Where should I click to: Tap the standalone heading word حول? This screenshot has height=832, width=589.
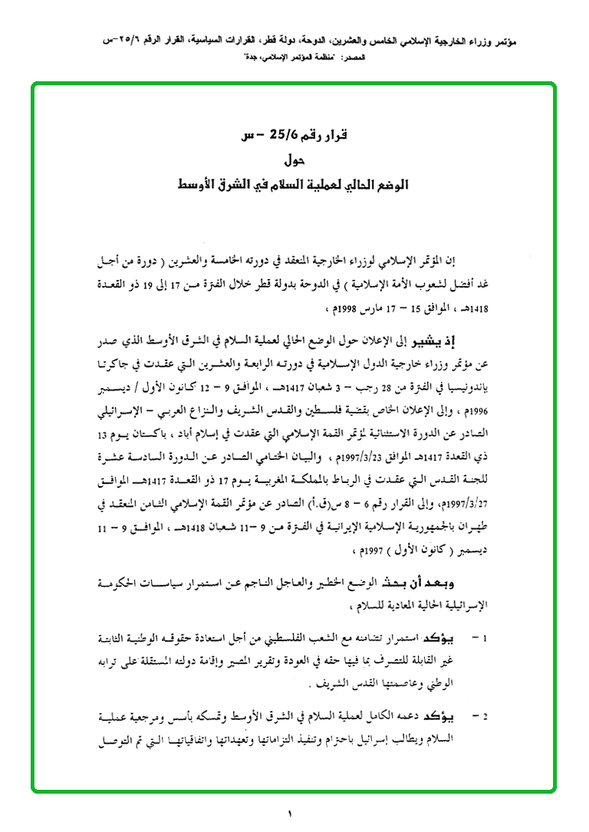tap(294, 160)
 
